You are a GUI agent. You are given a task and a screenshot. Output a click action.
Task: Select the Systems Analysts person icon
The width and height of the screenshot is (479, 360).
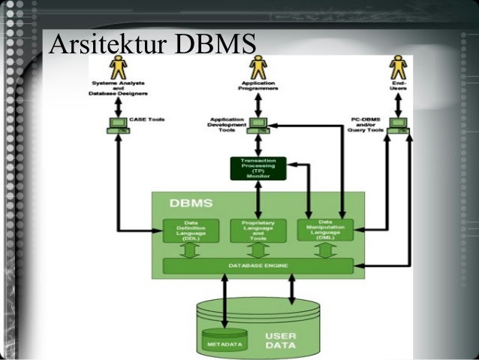pyautogui.click(x=119, y=68)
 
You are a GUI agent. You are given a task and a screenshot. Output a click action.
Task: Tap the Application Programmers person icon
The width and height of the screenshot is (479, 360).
pyautogui.click(x=258, y=68)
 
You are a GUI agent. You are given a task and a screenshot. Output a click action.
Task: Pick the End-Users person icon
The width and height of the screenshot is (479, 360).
pyautogui.click(x=398, y=67)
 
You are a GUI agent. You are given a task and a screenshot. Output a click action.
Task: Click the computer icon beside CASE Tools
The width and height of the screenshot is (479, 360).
pyautogui.click(x=118, y=125)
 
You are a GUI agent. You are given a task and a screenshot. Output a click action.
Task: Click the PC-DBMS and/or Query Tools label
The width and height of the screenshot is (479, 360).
pyautogui.click(x=366, y=124)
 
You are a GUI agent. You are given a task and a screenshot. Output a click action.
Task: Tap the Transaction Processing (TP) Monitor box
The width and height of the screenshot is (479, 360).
pyautogui.click(x=258, y=168)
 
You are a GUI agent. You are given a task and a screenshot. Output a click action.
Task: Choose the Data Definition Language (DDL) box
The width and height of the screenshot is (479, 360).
pyautogui.click(x=191, y=231)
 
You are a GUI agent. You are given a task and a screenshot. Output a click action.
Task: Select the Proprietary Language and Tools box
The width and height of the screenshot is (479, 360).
pyautogui.click(x=258, y=231)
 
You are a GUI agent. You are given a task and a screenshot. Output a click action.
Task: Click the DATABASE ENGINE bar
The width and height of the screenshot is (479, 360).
pyautogui.click(x=258, y=266)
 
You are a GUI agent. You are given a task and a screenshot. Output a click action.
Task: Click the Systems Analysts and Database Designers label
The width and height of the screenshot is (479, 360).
pyautogui.click(x=119, y=89)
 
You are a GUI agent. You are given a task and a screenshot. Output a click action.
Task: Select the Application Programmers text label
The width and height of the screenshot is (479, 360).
pyautogui.click(x=258, y=86)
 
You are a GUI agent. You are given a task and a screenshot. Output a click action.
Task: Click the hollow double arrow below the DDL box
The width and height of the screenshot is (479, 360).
pyautogui.click(x=191, y=250)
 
